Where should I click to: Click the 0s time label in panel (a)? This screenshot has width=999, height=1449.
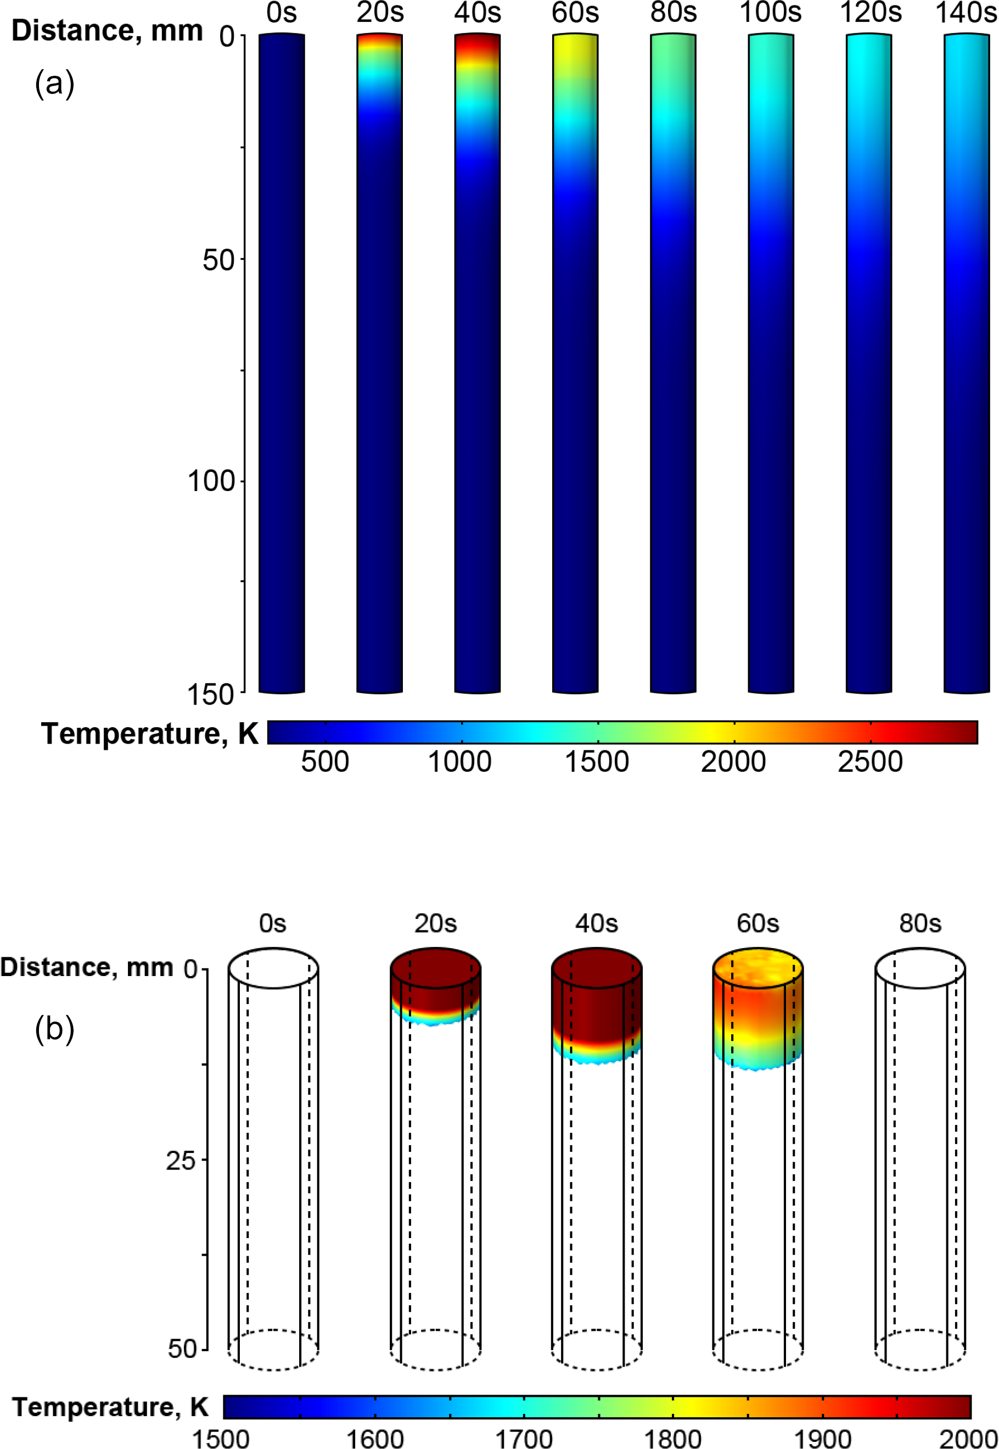pos(282,13)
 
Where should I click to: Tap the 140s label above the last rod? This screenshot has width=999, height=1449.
pos(966,13)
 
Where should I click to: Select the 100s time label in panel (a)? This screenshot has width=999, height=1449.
pos(771,13)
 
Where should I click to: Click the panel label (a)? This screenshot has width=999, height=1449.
pos(55,83)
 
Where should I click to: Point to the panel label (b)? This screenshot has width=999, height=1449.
pos(55,1029)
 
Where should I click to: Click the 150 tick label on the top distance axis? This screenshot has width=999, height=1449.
pos(211,694)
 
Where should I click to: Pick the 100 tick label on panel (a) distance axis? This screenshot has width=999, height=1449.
pos(211,481)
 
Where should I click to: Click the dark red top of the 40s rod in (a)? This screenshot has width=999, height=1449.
pos(478,44)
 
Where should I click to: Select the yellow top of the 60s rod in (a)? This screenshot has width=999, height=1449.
pos(575,53)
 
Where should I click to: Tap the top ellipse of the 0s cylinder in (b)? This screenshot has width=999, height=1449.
pos(273,968)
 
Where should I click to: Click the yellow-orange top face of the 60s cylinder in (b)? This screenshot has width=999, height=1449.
pos(757,968)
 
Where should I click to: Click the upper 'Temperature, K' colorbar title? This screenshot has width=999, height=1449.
pos(150,733)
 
